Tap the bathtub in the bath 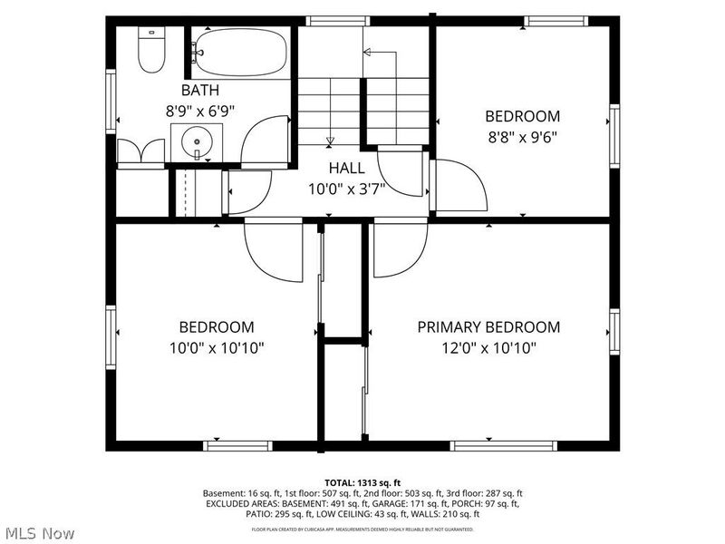click(x=241, y=53)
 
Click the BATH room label click(x=199, y=90)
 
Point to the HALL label click(x=347, y=168)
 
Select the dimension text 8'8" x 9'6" click(x=522, y=139)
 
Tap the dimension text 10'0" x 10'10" click(x=216, y=348)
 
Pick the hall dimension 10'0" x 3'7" click(x=347, y=189)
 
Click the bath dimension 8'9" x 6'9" click(x=199, y=111)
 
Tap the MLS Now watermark click(x=41, y=529)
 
